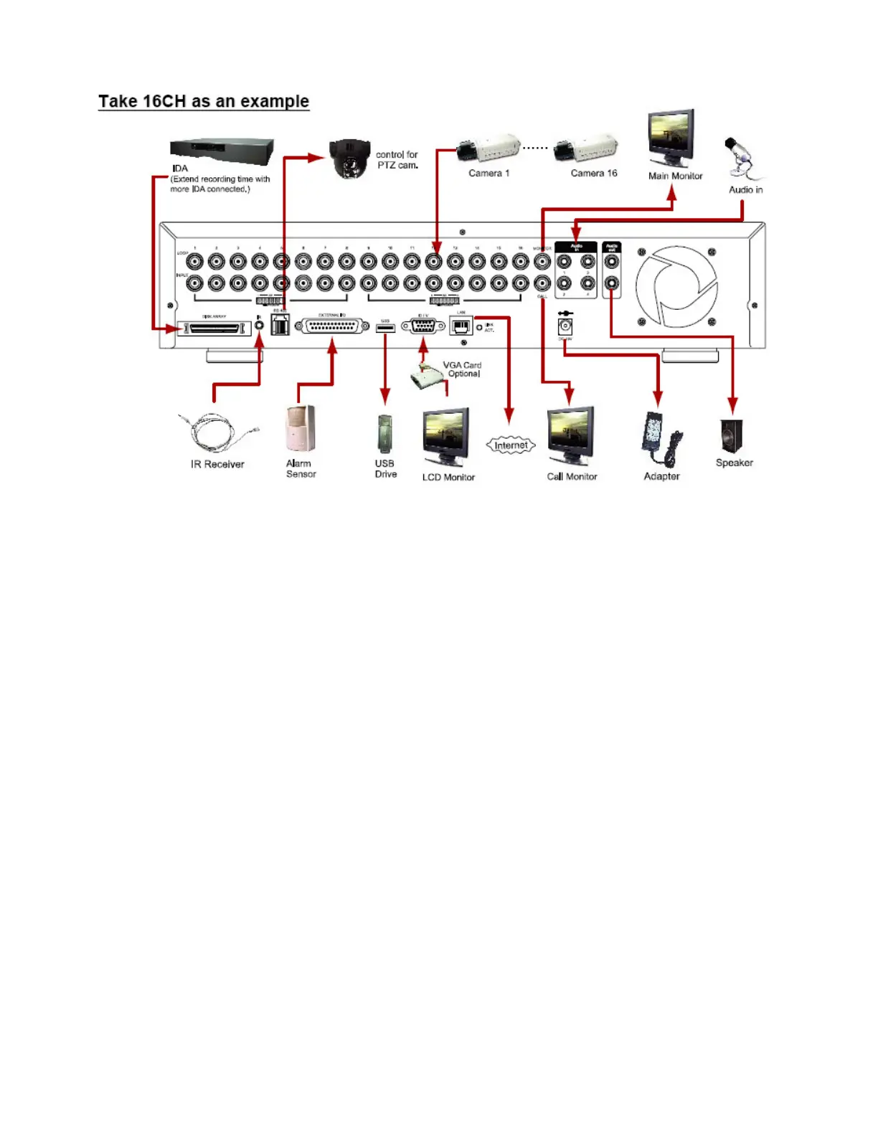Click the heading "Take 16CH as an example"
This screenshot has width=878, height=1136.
[x=204, y=101]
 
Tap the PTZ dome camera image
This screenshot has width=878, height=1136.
[x=349, y=158]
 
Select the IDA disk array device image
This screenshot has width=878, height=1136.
[x=222, y=151]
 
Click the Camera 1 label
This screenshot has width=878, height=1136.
[x=488, y=174]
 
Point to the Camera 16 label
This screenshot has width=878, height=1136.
[x=593, y=174]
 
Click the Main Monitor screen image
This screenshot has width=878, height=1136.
[x=671, y=136]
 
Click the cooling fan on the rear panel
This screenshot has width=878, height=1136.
[x=676, y=286]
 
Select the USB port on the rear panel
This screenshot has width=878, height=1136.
[x=385, y=328]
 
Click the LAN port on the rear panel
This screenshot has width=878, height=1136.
[x=461, y=327]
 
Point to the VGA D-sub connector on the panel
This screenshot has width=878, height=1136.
[x=423, y=327]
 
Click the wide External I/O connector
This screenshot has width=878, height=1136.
[x=332, y=327]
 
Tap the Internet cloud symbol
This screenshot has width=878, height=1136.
[x=511, y=445]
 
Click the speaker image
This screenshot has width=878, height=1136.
[x=732, y=436]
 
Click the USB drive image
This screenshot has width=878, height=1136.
[x=385, y=433]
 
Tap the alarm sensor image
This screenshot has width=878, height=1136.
[x=300, y=430]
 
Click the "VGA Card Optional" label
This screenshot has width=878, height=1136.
[x=463, y=369]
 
